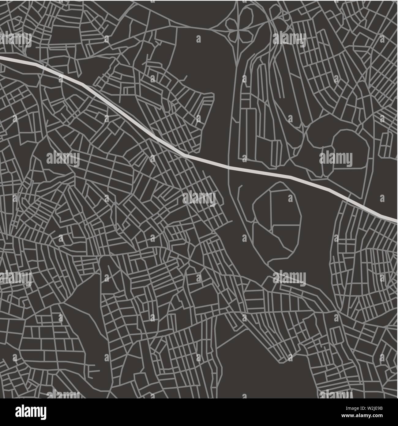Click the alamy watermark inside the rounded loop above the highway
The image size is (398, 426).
[336, 158]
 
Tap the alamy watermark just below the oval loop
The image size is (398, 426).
[289, 277]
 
